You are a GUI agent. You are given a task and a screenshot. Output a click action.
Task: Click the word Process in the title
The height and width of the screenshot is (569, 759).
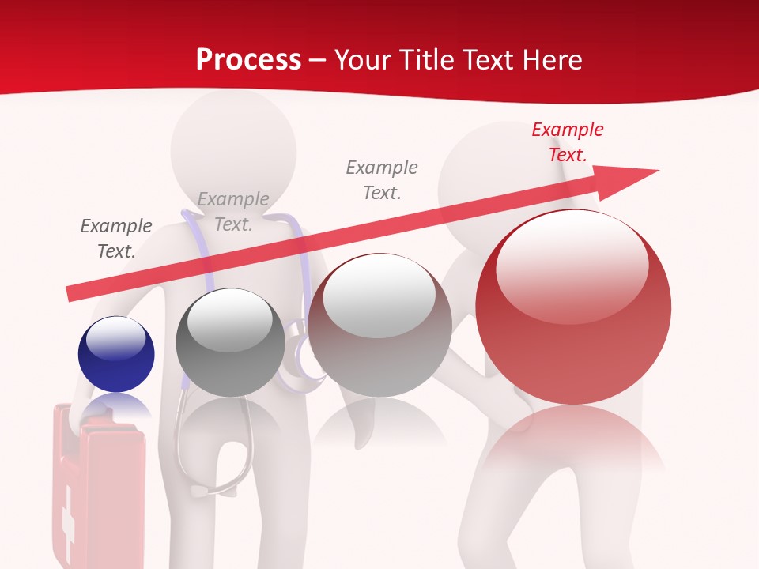(x=248, y=59)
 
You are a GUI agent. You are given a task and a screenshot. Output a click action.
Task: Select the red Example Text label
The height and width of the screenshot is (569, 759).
(x=567, y=142)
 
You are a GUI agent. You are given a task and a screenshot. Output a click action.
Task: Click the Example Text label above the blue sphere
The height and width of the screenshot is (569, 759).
(x=116, y=239)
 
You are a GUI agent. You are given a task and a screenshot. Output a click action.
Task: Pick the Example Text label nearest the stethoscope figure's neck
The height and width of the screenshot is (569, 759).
(x=233, y=212)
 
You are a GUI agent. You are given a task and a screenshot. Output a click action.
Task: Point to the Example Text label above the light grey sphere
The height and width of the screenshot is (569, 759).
(x=382, y=179)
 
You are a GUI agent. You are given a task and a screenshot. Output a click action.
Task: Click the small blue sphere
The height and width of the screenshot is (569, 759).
(x=116, y=354)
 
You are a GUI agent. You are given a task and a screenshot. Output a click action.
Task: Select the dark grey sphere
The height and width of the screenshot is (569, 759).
(x=230, y=341)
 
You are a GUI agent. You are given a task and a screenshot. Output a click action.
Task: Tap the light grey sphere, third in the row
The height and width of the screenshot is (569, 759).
(x=379, y=324)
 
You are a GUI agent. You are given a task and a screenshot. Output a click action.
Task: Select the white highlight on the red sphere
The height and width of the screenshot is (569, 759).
(x=572, y=265)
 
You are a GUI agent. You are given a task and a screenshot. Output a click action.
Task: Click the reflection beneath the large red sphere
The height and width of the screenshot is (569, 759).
(x=573, y=443)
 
